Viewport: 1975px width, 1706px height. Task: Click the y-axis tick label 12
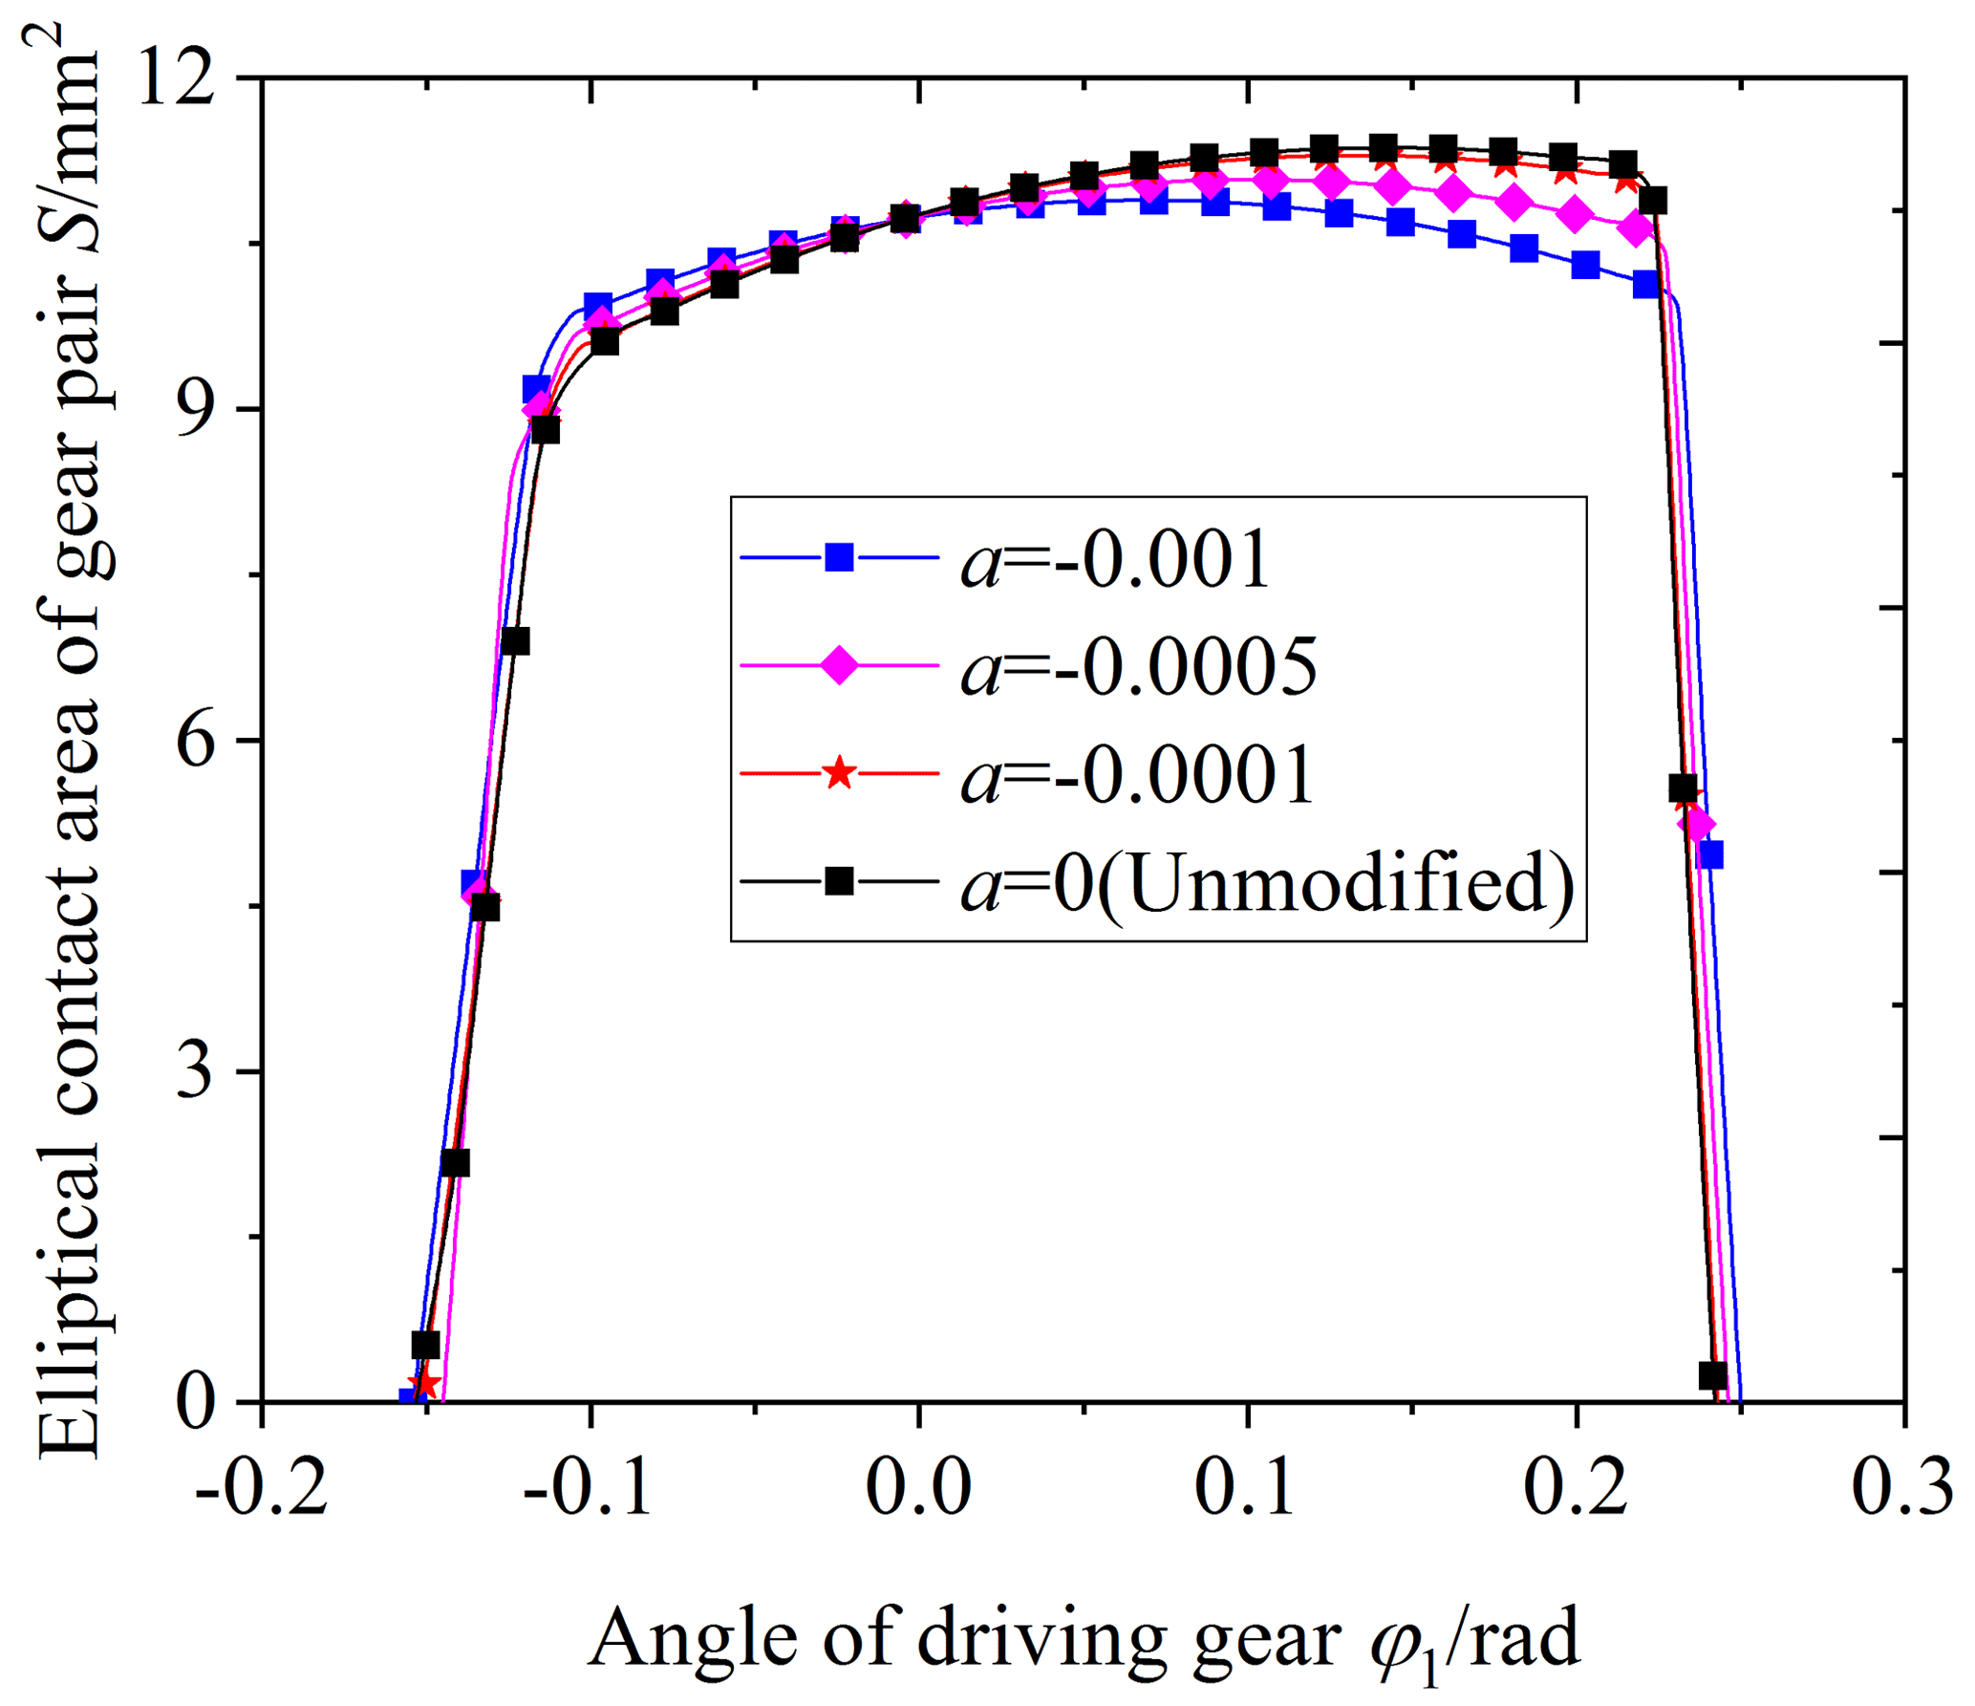(x=177, y=78)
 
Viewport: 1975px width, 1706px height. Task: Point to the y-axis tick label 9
(x=195, y=410)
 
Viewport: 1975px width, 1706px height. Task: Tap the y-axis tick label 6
(x=195, y=741)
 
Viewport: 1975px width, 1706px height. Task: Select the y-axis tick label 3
(x=195, y=1071)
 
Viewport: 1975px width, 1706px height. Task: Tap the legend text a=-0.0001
(x=1137, y=774)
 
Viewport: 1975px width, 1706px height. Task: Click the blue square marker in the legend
(x=839, y=557)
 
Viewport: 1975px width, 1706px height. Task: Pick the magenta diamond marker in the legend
(x=839, y=665)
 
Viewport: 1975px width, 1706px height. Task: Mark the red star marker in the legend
(x=839, y=772)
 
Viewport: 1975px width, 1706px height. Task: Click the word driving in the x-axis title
(x=1041, y=1640)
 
